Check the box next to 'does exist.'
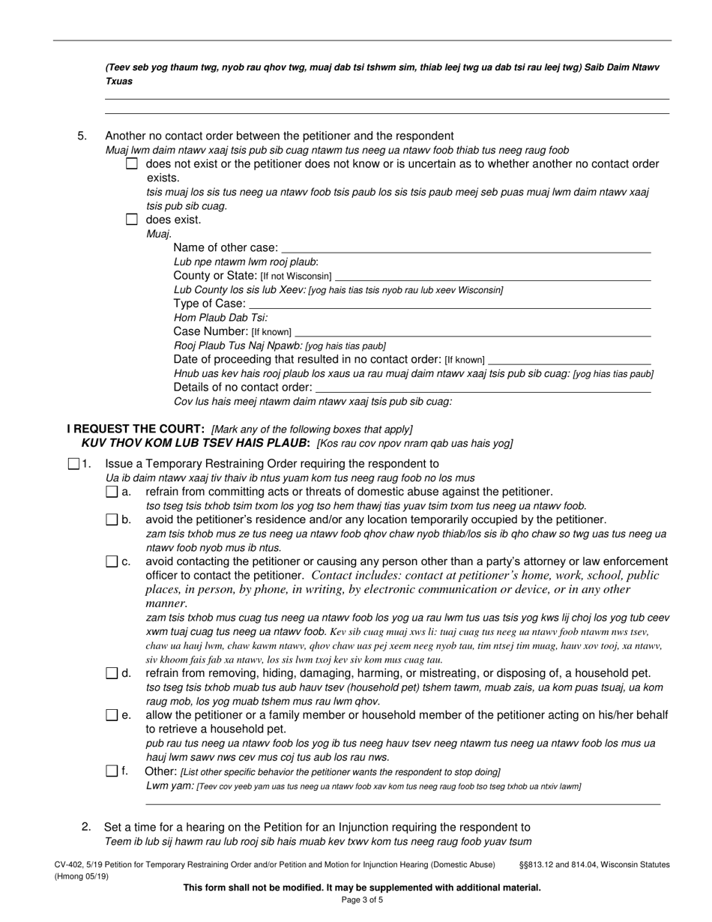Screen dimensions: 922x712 [x=132, y=220]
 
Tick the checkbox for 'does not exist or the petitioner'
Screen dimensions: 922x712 [x=132, y=163]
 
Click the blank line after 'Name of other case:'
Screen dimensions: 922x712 [x=465, y=248]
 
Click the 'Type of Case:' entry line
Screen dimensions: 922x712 [x=449, y=304]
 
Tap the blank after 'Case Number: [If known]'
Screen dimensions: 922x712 [x=473, y=331]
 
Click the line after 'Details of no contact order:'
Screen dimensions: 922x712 [x=483, y=388]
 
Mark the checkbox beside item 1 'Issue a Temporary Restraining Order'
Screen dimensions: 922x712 [x=73, y=464]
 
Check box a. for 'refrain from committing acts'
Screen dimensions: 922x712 [x=112, y=492]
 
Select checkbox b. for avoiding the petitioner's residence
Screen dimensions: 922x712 [x=112, y=519]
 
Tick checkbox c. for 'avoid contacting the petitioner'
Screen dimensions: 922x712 [x=112, y=561]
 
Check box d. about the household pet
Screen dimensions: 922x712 [x=112, y=673]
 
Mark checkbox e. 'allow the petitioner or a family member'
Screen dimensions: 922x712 [x=112, y=715]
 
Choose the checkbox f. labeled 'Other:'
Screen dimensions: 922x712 [x=112, y=771]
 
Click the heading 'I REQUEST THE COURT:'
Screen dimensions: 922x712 [x=136, y=429]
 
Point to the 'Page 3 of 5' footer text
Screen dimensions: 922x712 [x=362, y=900]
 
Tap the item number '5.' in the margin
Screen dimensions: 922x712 [x=82, y=136]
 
